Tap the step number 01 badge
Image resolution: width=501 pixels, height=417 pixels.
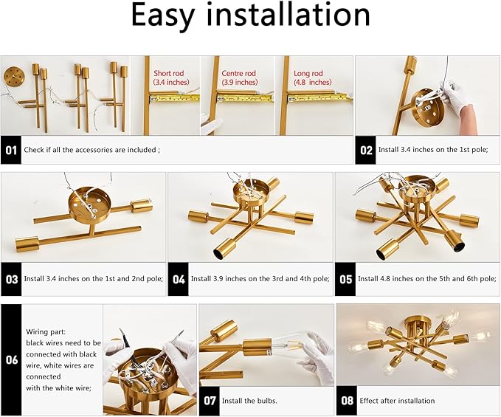click(10, 150)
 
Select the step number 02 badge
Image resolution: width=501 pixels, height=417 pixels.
click(366, 150)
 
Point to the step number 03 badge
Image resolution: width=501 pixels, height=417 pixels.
click(11, 279)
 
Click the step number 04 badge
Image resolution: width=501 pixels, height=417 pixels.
click(178, 279)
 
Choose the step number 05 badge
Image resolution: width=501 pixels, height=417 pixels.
click(345, 279)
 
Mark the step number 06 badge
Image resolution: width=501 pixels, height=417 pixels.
click(11, 359)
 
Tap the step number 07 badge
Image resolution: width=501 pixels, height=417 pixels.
click(210, 401)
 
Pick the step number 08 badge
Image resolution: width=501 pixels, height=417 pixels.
click(347, 401)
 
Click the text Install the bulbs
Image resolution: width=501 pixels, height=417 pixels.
click(252, 401)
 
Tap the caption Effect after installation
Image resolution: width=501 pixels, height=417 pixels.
click(397, 401)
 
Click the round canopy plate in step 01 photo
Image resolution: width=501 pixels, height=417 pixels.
click(13, 77)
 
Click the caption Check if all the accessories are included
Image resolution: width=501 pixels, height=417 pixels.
click(91, 150)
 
